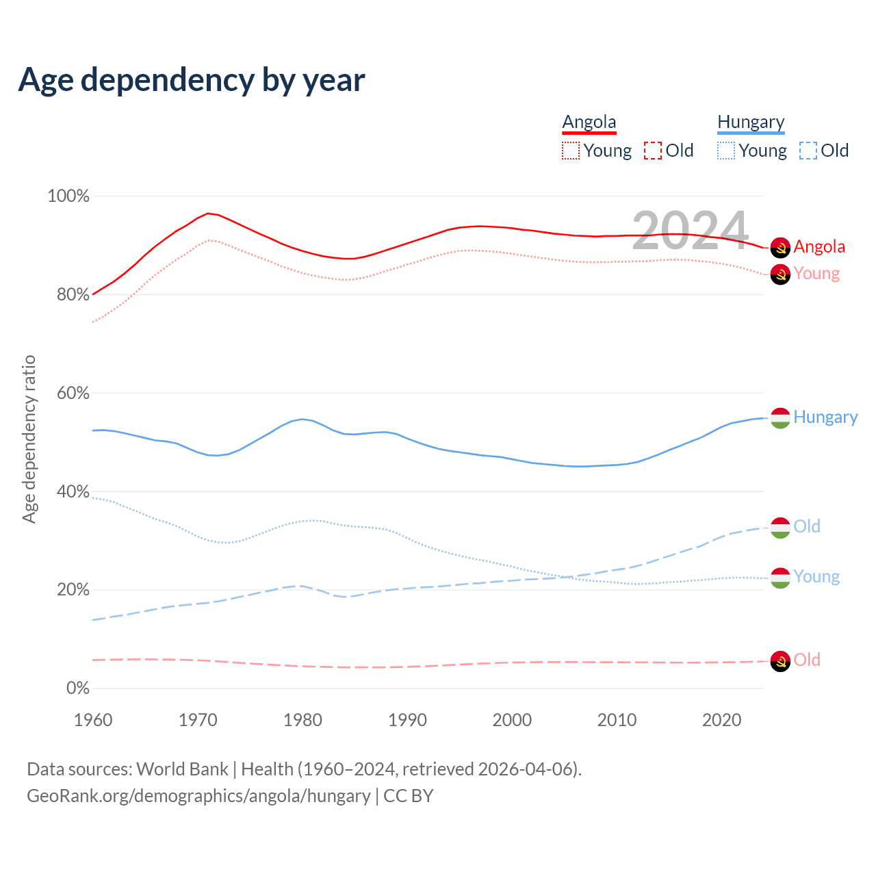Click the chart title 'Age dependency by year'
click(x=192, y=80)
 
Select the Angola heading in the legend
click(x=589, y=123)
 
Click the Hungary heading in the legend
click(x=751, y=123)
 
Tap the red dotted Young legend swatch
click(x=571, y=151)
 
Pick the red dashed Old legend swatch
click(x=653, y=151)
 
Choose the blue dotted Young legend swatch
click(x=726, y=151)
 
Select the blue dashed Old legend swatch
click(x=808, y=151)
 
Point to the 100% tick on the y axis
click(x=68, y=196)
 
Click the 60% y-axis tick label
click(x=68, y=394)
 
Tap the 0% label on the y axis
click(x=77, y=688)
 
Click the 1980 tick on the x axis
click(x=302, y=720)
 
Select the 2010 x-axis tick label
click(x=617, y=720)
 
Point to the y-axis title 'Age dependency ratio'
click(x=29, y=439)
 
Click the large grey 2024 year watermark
click(x=690, y=231)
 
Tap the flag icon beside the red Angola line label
click(x=780, y=248)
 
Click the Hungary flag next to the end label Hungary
click(x=780, y=417)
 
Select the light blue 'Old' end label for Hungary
click(x=807, y=526)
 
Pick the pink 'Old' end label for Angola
click(x=807, y=660)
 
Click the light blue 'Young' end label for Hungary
click(x=816, y=576)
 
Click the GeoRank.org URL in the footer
click(x=198, y=796)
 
